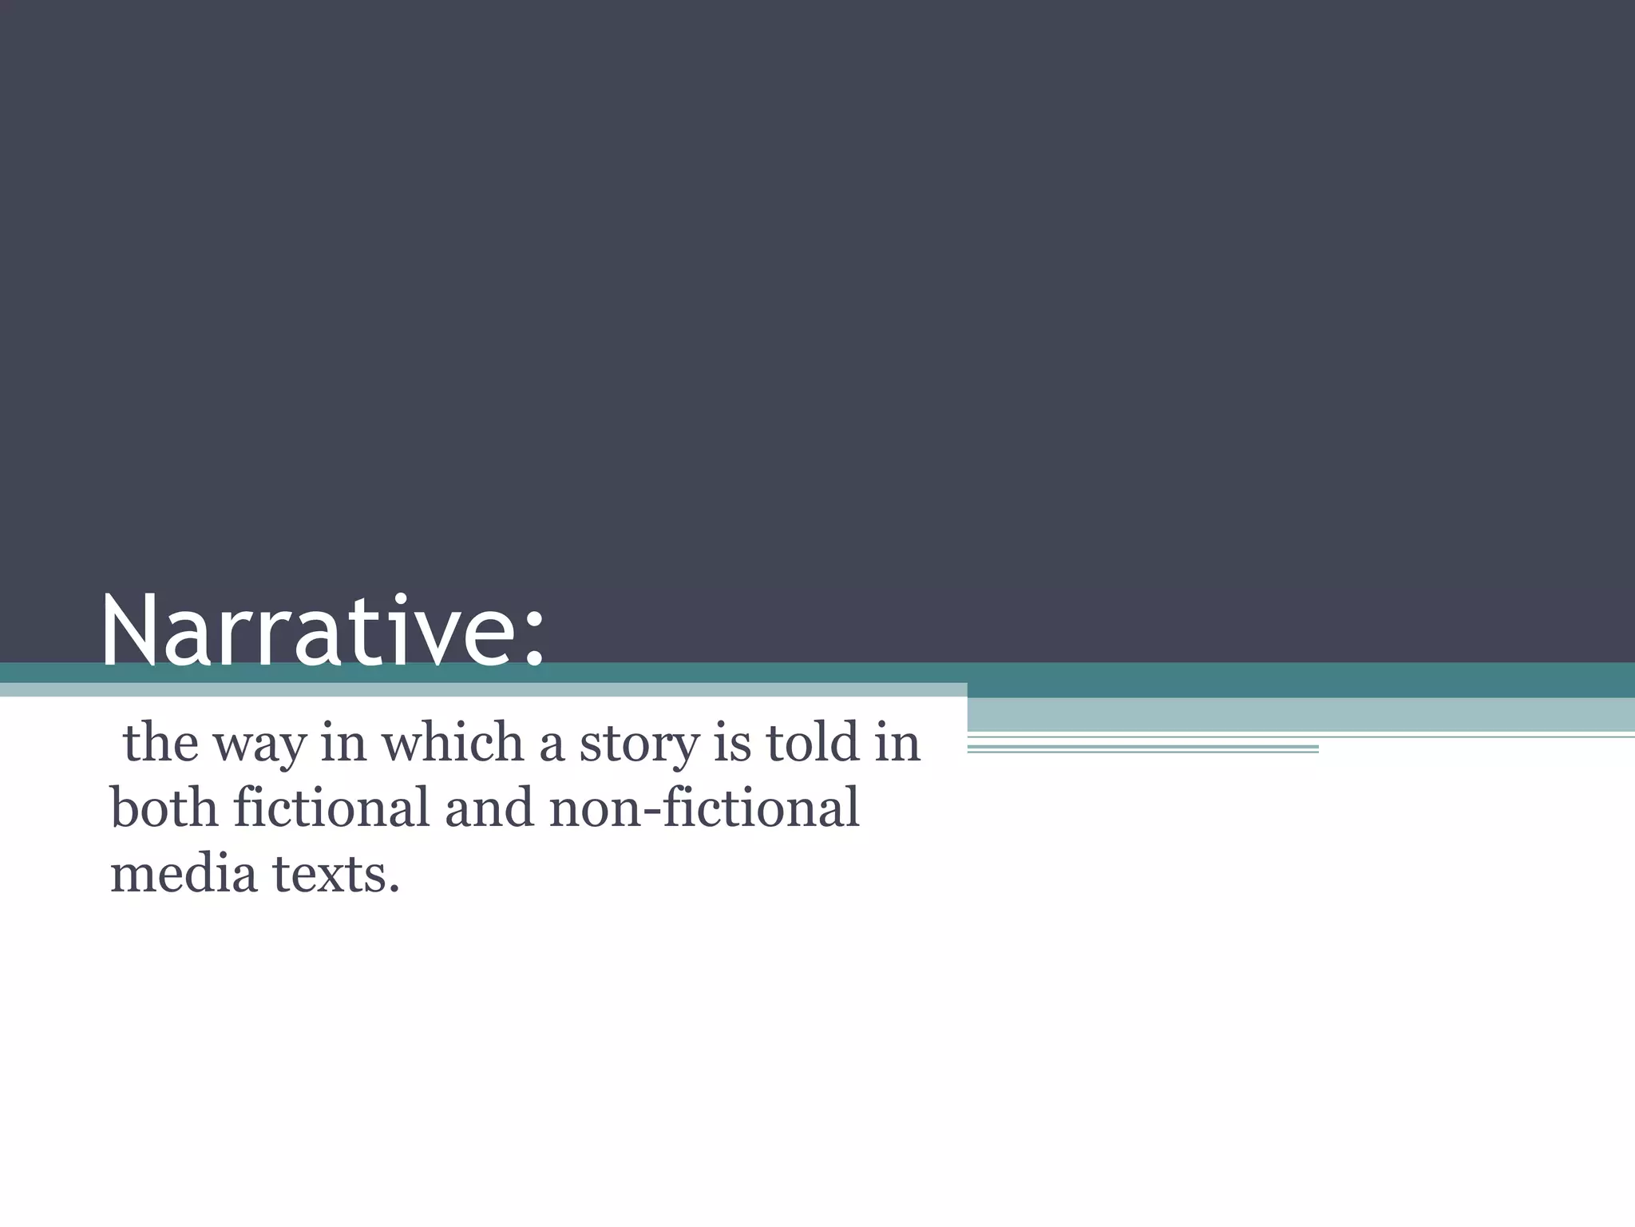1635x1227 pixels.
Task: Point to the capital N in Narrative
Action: (129, 631)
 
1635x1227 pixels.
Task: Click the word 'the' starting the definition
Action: (160, 743)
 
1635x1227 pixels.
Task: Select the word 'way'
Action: (259, 747)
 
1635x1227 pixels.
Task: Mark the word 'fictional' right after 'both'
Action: (331, 808)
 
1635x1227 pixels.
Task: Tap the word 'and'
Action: (489, 808)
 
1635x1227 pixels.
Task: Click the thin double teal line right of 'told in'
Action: (1142, 749)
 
